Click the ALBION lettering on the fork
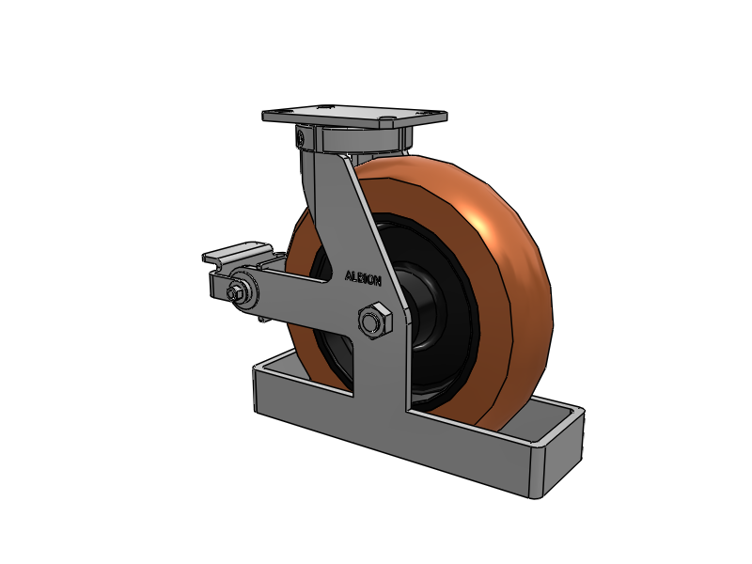coord(363,278)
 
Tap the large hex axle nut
coord(375,321)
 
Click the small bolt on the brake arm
coord(235,293)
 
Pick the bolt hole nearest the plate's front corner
coord(386,118)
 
